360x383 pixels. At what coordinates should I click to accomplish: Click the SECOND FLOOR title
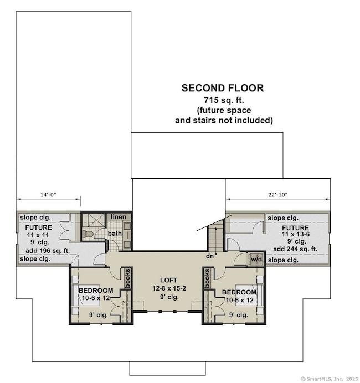223,88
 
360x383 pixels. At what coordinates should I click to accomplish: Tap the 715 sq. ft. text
224,100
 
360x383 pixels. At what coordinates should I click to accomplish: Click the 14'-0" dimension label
48,195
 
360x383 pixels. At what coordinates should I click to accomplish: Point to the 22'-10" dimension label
277,195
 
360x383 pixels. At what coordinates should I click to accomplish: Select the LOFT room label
168,280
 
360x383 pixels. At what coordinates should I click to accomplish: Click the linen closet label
119,216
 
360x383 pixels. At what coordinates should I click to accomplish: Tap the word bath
115,234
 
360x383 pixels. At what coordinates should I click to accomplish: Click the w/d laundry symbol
256,259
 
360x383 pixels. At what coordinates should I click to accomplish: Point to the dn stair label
210,256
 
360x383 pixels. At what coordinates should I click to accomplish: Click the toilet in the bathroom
88,234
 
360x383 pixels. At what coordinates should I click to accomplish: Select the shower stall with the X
94,220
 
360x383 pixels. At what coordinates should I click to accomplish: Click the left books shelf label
127,278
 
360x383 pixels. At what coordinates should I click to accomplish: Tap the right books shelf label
207,278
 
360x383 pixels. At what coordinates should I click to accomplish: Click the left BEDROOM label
96,291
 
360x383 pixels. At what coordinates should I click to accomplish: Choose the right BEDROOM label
239,292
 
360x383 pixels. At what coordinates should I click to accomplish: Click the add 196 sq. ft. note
48,251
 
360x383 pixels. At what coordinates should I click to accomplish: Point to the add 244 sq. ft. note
295,249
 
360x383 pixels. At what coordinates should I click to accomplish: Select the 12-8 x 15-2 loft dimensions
169,288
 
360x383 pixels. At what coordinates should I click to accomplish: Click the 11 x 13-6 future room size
296,234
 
